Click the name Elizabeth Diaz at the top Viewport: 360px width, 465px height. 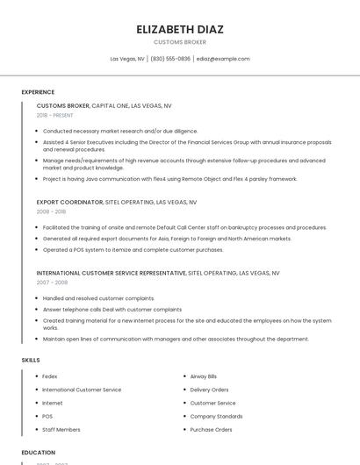click(x=180, y=29)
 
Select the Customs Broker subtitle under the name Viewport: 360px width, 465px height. click(x=180, y=41)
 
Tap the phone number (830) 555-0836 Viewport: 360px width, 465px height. click(x=169, y=59)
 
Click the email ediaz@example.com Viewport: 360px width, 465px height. click(x=223, y=59)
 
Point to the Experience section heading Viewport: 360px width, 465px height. click(x=38, y=92)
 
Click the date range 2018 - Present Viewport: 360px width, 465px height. click(x=55, y=115)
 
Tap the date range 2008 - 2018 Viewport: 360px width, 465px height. click(x=51, y=211)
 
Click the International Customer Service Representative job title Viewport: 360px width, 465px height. click(x=111, y=274)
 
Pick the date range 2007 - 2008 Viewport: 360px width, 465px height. click(x=51, y=283)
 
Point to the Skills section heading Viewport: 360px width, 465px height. click(x=31, y=360)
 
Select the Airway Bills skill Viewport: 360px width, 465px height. click(x=205, y=376)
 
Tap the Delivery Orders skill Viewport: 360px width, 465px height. click(x=209, y=390)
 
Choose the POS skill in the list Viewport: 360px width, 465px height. click(x=47, y=416)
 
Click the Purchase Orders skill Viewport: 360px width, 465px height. click(x=211, y=430)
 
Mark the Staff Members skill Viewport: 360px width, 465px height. click(x=61, y=430)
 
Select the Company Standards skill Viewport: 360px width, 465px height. click(x=216, y=416)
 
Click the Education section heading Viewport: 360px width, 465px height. click(x=38, y=453)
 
